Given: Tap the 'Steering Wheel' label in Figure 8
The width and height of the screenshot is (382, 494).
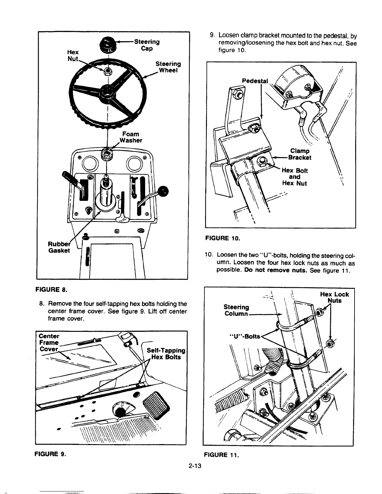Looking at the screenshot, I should (x=168, y=67).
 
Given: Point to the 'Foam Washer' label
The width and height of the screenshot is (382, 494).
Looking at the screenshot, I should (x=130, y=137).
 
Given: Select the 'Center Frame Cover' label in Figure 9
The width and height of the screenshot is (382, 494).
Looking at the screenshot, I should (x=49, y=342).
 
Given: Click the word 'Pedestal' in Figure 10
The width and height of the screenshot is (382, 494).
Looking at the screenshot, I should (x=255, y=81).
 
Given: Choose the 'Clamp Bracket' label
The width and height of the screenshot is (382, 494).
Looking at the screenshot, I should (x=300, y=154).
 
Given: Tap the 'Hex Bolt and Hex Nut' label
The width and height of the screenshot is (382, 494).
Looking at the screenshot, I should (x=294, y=177).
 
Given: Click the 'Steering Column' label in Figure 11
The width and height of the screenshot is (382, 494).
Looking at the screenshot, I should (x=237, y=310).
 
